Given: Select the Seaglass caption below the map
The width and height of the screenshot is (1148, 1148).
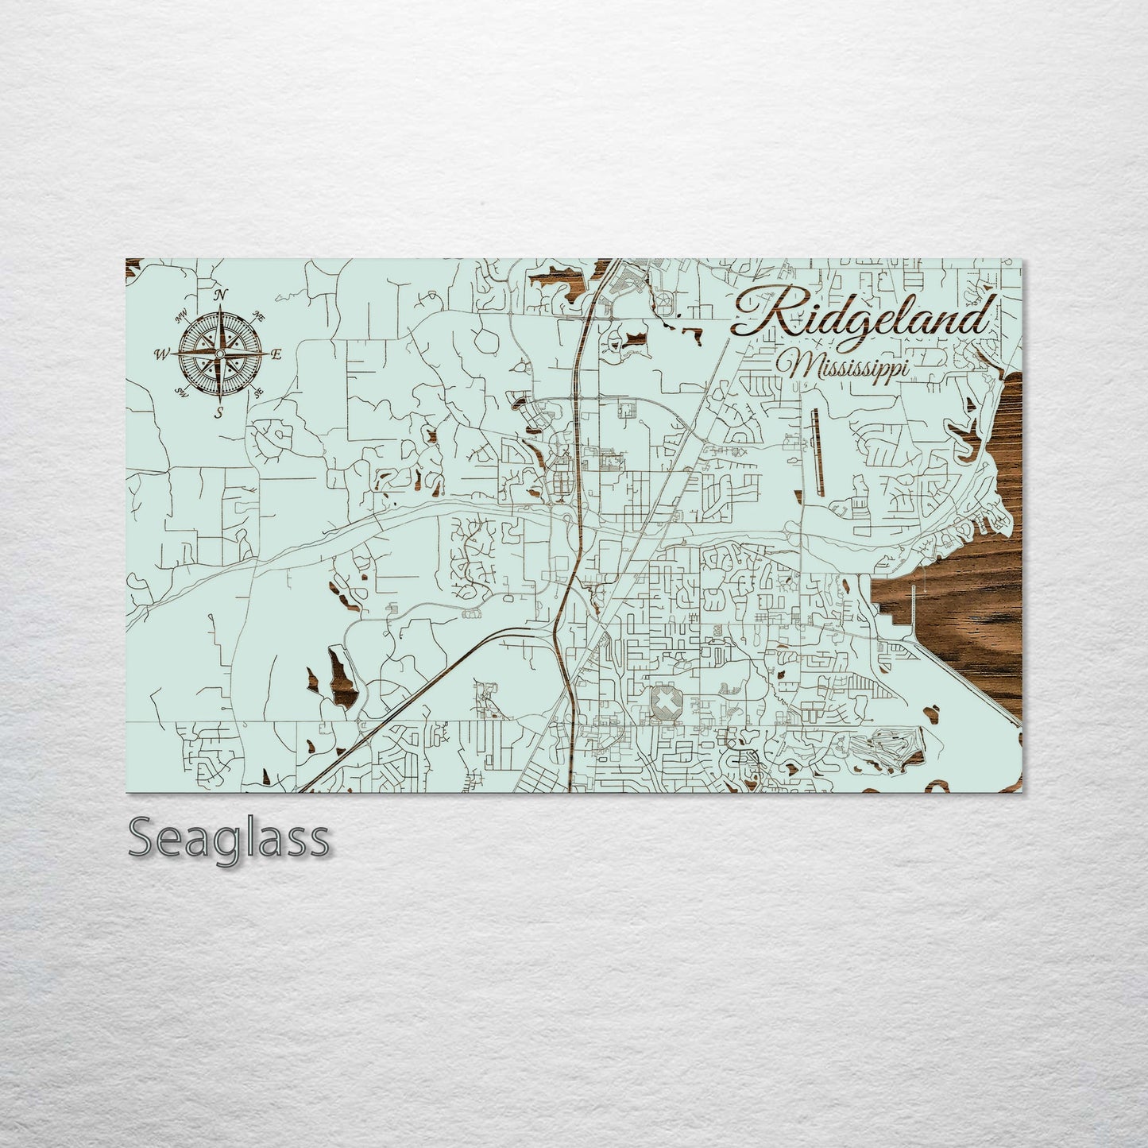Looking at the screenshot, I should point(228,838).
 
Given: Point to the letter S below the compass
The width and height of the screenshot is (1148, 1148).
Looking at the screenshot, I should point(220,412).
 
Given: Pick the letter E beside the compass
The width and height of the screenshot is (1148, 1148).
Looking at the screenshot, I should point(276,355).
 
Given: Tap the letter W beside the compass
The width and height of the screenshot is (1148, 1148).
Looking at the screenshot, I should point(161,354).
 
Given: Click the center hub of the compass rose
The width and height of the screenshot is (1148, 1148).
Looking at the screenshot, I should point(220,353).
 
